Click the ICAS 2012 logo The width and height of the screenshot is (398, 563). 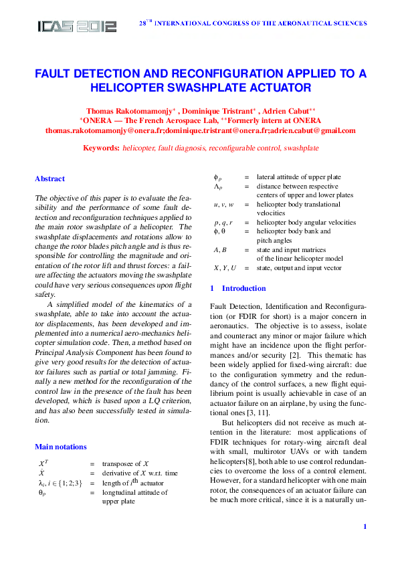[77, 25]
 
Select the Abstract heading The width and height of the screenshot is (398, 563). [49, 179]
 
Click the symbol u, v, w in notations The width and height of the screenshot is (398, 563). [223, 205]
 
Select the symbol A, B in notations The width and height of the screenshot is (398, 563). [220, 249]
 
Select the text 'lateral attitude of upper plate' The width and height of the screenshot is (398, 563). [294, 177]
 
